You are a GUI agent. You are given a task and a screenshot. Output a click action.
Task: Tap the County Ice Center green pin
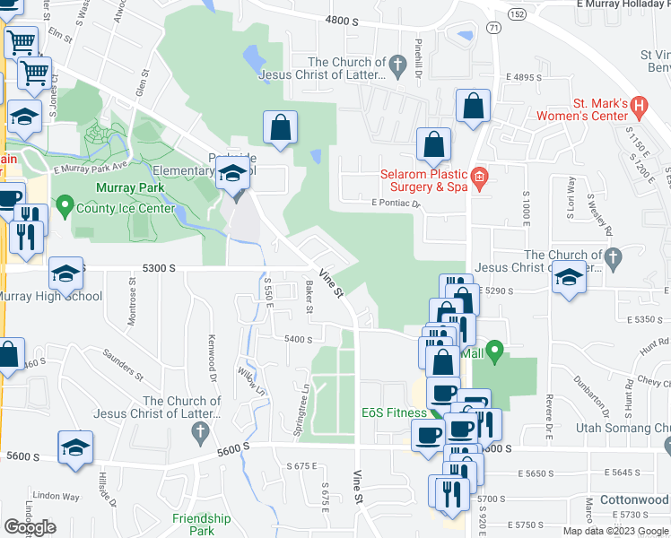click(64, 207)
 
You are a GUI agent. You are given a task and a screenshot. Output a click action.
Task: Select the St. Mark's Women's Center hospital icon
click(639, 108)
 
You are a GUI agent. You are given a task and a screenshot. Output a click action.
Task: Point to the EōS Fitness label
click(395, 412)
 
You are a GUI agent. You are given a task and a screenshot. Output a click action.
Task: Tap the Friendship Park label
click(202, 524)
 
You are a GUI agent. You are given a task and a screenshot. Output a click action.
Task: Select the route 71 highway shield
click(493, 28)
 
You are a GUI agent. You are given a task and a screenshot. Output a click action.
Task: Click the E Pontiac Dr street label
click(396, 204)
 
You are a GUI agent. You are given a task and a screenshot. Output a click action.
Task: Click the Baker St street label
click(309, 291)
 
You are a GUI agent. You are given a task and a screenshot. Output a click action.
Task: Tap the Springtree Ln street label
click(301, 412)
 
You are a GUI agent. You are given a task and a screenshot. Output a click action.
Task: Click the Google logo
click(30, 527)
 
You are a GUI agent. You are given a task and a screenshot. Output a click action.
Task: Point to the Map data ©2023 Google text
click(614, 530)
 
